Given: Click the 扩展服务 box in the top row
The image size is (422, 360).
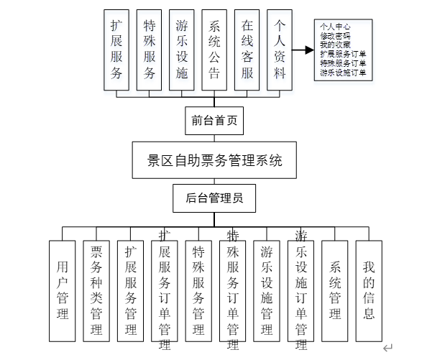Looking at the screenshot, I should coord(116,50).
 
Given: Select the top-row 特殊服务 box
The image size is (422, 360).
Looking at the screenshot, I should coord(150,50).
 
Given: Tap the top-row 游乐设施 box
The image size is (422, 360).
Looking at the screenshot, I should coord(182,50).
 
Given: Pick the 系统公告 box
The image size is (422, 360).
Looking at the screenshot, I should coord(214,50).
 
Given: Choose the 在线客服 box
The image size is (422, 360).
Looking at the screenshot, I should coord(247,50).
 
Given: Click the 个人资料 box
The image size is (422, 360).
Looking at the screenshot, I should coord(280,50).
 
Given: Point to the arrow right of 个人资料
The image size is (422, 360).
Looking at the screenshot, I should coord(305,50).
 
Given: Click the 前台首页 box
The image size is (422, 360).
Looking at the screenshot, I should coord(214,121).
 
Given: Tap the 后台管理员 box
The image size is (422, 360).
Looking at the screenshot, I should coord(214,198).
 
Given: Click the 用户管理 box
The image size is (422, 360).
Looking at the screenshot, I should coord(62,290).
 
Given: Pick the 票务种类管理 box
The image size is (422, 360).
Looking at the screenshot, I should coord(96,290).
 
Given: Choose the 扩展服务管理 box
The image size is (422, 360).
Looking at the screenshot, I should coord(131,290).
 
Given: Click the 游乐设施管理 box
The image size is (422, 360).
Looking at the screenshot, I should coord(267,290).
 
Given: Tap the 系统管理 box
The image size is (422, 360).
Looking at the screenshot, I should coord(335,290).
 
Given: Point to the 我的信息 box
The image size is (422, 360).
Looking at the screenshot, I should coord(369,290).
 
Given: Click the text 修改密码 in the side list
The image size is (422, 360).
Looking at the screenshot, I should coord(335,35).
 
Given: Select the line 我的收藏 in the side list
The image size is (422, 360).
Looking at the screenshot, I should coord(335,45).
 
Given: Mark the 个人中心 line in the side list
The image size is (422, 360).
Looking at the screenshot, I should coord(335,27).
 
